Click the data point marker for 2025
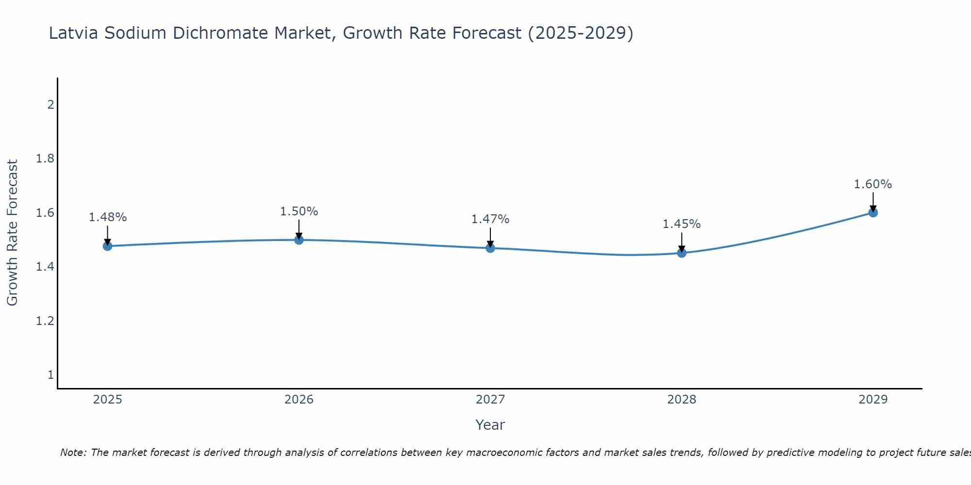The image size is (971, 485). [108, 246]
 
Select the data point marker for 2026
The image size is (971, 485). [299, 240]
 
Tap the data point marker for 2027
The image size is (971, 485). [490, 248]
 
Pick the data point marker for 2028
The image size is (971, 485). [682, 253]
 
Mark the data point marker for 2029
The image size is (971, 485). [873, 212]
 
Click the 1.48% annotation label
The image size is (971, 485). [108, 217]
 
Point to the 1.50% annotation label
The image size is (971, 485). [299, 211]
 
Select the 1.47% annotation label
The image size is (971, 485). [490, 219]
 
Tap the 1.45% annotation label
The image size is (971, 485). [682, 224]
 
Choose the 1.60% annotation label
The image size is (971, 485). [873, 184]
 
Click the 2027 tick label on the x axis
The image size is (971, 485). [490, 400]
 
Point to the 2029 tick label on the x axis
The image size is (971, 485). [873, 400]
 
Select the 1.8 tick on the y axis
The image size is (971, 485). [45, 159]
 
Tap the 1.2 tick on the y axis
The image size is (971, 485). [45, 321]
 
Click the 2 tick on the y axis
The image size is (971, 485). [50, 105]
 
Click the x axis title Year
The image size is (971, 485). [490, 425]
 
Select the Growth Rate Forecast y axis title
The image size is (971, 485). [12, 233]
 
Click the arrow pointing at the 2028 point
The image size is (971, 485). [682, 241]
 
